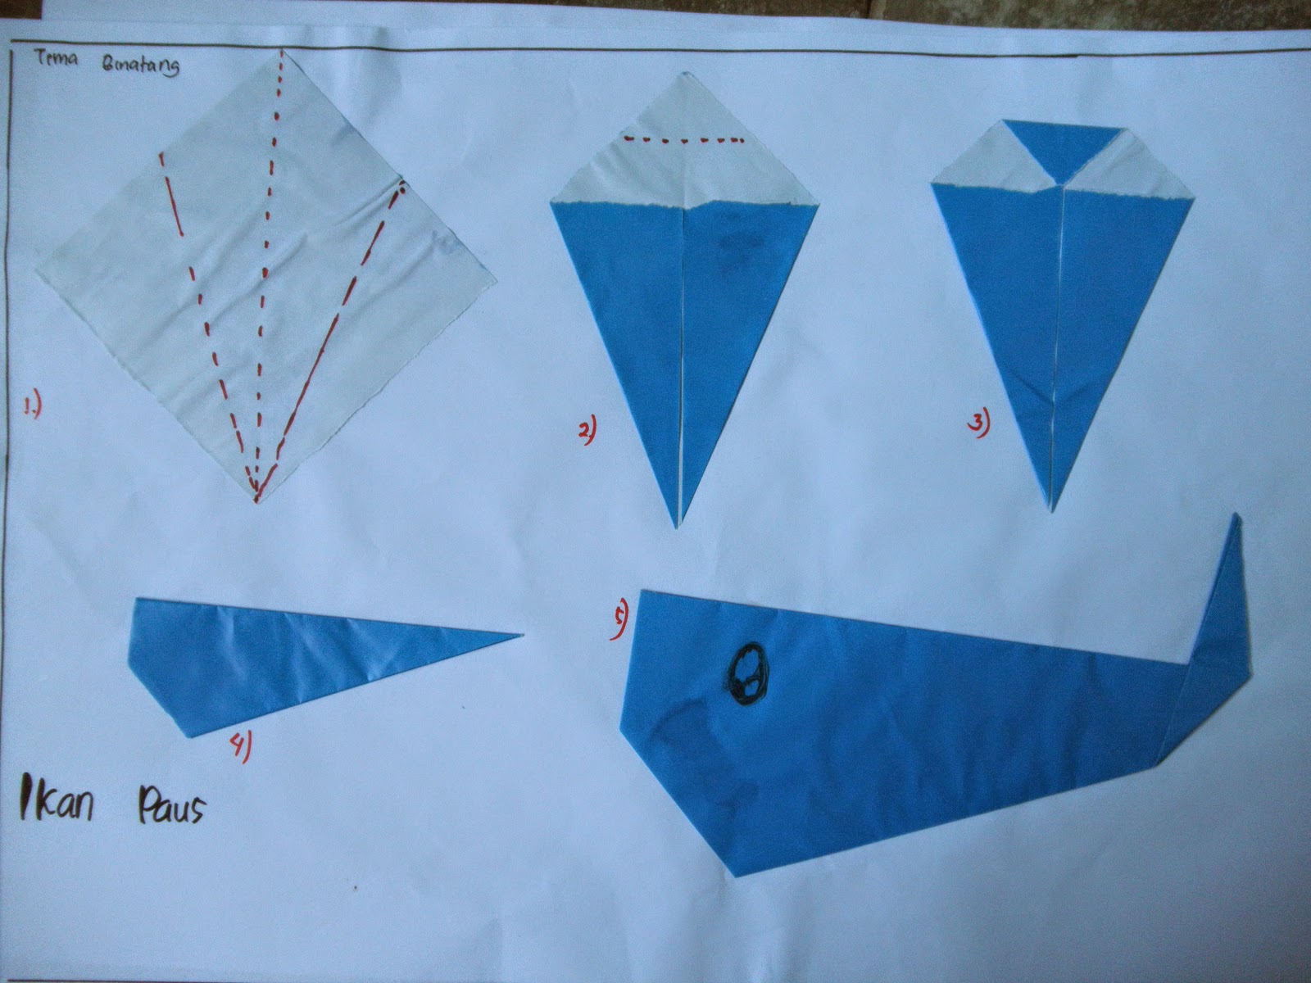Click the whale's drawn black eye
coord(747,674)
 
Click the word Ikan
coord(57,803)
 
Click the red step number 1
coord(33,404)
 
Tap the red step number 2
coord(587,429)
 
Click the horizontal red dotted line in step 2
coord(683,140)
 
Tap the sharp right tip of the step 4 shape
coord(521,632)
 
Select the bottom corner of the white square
coord(256,500)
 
